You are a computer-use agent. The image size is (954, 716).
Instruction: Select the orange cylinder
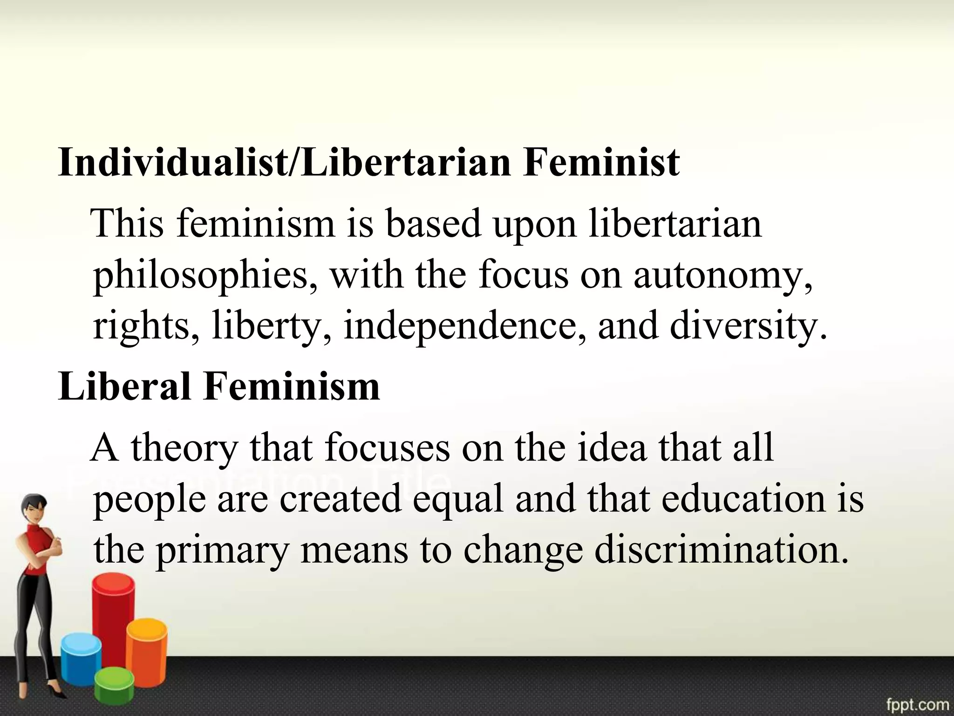146,648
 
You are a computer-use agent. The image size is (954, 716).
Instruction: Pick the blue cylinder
81,662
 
